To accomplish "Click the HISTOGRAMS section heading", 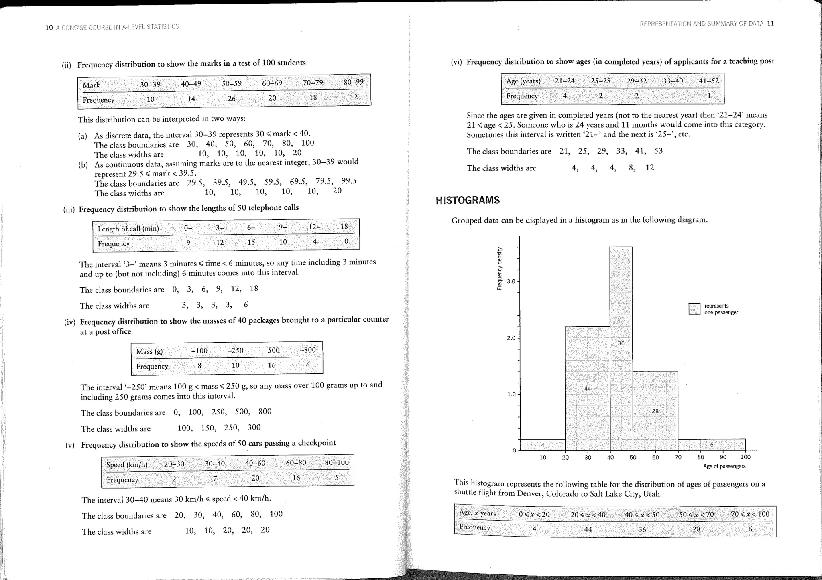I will point(468,200).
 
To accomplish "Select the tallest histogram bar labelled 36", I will point(621,305).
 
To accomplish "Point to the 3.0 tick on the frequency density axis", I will point(511,281).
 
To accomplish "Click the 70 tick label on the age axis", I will point(678,457).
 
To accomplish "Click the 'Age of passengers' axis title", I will point(724,466).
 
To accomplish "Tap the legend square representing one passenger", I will point(694,309).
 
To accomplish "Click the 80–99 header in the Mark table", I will point(354,82).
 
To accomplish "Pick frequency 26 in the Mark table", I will point(232,99).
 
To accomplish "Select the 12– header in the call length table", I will point(315,227).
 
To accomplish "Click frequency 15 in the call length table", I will point(251,242).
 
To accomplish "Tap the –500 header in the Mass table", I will point(271,350).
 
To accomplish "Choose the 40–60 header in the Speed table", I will point(255,463).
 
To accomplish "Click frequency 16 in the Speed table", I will point(296,478).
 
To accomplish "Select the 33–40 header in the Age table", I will point(673,81).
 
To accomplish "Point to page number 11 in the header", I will point(770,23).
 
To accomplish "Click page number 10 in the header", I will point(49,28).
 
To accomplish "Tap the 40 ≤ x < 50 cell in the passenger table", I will point(642,515).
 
